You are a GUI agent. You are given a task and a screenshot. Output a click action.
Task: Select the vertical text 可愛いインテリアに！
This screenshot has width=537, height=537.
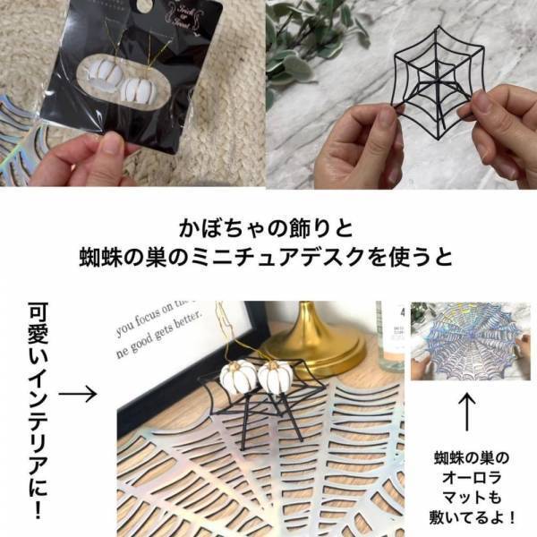pos(36,413)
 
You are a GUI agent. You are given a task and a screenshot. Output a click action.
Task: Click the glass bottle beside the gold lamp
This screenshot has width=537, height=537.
pos(391,335)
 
